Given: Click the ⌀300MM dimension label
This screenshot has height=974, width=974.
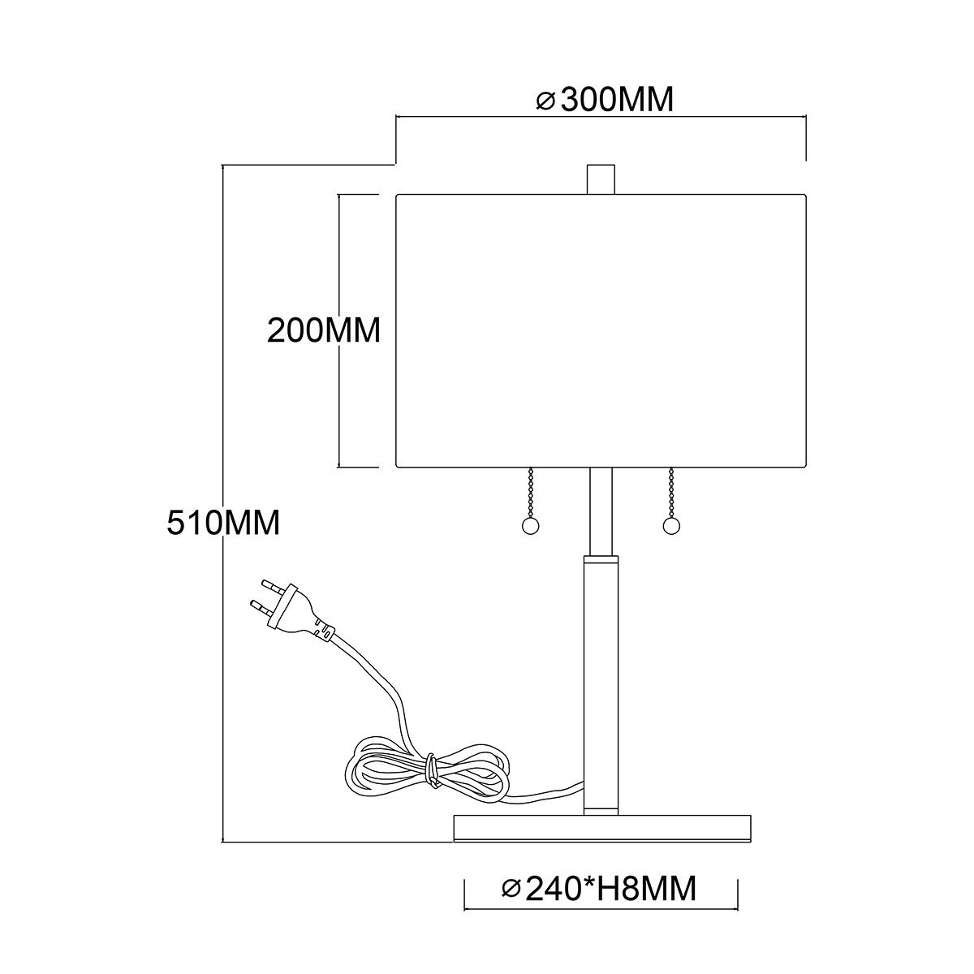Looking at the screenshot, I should tap(606, 100).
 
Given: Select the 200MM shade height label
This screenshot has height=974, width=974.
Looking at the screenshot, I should tap(324, 331).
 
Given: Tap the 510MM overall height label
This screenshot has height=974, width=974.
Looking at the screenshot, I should tap(223, 521).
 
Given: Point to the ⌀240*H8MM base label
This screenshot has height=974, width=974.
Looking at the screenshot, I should tap(599, 889).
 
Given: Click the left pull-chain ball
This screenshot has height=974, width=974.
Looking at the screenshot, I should tap(529, 527).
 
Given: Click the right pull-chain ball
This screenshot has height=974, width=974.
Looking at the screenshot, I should tap(670, 527).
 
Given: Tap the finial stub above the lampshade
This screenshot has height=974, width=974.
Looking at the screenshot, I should tap(600, 179).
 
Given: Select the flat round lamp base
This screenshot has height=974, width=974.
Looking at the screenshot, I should tap(605, 828).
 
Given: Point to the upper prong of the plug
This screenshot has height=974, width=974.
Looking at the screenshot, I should tap(269, 584).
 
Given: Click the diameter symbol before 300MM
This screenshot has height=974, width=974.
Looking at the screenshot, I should tap(545, 101).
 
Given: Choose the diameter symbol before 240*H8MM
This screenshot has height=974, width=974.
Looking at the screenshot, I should tap(511, 890).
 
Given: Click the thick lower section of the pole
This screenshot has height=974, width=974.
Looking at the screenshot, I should tap(600, 682).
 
